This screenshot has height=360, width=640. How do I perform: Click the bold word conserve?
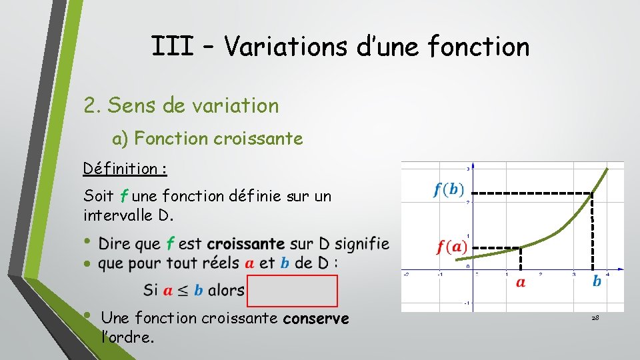[x=316, y=319]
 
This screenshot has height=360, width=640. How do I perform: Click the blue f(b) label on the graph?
[x=449, y=190]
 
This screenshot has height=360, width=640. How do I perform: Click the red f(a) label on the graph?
[x=451, y=247]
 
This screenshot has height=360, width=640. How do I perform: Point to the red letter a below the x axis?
[x=521, y=283]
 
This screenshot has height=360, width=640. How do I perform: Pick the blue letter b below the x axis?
[x=597, y=282]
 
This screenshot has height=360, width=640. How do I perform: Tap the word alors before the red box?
[x=226, y=291]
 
